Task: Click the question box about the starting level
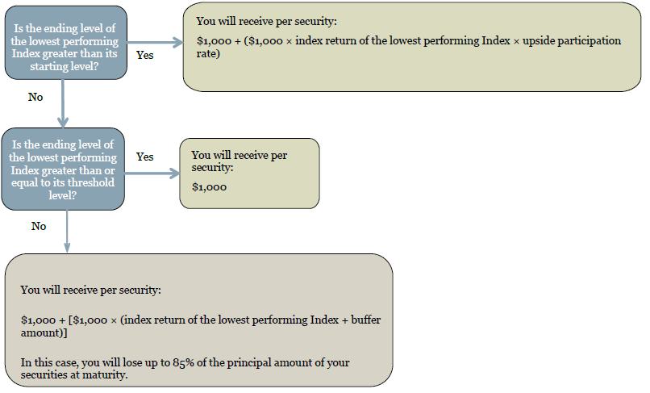66,43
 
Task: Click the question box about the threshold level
63,169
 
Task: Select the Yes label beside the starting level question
145,55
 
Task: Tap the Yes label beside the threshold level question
145,157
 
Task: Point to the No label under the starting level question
35,97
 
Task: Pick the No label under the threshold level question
39,226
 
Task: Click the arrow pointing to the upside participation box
155,42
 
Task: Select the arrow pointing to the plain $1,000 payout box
152,174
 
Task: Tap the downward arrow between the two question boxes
63,104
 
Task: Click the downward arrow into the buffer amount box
67,231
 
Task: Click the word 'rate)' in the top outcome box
208,54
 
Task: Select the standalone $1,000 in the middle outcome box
210,187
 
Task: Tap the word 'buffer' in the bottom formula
366,320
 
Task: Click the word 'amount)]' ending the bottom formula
44,332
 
